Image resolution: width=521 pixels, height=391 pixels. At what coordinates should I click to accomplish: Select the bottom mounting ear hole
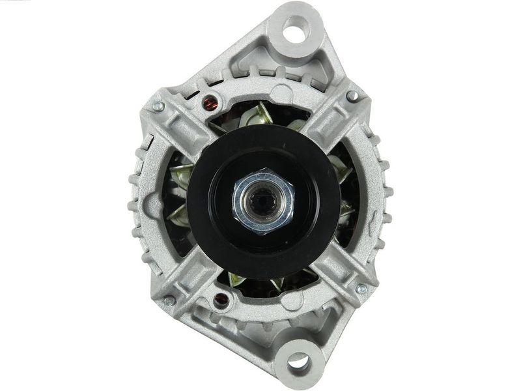point(298,360)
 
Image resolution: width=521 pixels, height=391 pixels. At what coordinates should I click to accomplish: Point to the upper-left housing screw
point(158,106)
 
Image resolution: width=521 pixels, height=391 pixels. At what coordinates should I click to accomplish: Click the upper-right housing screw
point(352,96)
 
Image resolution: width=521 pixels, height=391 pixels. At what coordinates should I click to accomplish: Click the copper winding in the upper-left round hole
point(210,102)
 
